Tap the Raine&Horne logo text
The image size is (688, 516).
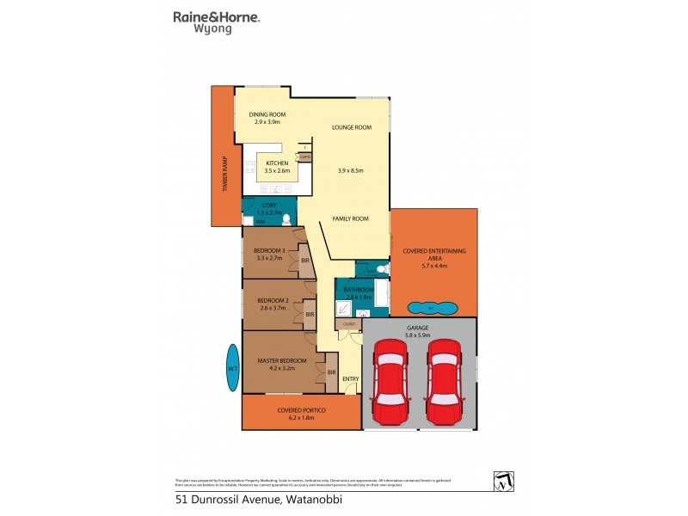[217, 16]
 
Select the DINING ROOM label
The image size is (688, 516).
[267, 114]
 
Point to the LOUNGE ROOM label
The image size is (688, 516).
[352, 127]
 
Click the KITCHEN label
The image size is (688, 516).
[276, 163]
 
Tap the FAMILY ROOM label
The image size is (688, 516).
[351, 218]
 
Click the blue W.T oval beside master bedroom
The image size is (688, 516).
[231, 369]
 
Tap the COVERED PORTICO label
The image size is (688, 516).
[301, 410]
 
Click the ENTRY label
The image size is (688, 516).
[350, 379]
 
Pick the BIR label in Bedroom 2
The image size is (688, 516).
[310, 314]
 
